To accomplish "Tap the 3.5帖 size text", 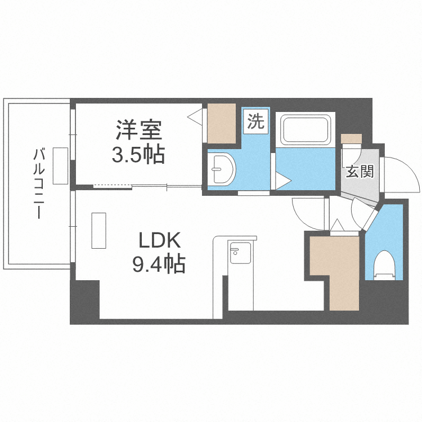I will (x=138, y=154).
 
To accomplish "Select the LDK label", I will (x=160, y=241).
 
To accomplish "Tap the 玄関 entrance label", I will (x=360, y=172).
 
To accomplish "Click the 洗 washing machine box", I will (x=256, y=122).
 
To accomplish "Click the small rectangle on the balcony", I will (x=61, y=165).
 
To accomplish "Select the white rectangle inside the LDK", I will (x=99, y=230).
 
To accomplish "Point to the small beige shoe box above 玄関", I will (x=351, y=138).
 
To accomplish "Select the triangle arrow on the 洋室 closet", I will (x=195, y=117).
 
